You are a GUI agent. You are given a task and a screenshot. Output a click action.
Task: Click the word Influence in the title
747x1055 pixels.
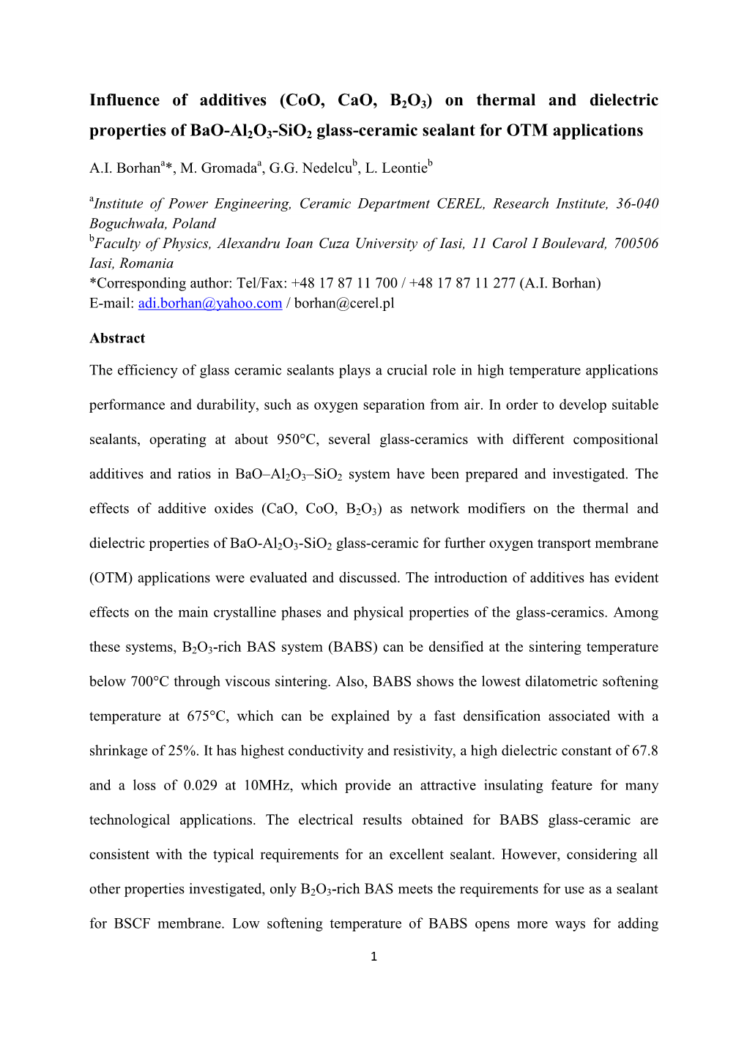coord(124,100)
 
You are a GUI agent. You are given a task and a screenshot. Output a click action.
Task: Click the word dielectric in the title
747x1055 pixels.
coord(624,100)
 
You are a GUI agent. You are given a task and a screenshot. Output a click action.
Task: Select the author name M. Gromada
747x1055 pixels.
coord(220,168)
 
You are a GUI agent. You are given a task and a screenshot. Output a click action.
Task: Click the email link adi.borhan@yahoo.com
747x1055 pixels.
coord(210,303)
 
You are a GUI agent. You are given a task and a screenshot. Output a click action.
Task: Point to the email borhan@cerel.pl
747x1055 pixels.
coord(344,303)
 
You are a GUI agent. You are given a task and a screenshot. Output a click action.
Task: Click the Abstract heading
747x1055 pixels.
coord(117,338)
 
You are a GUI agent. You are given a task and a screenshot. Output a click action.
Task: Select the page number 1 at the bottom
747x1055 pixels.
coord(373,955)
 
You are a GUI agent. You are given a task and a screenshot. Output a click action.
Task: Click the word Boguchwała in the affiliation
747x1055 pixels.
coord(127,224)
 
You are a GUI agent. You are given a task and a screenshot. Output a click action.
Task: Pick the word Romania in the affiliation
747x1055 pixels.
coord(146,263)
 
